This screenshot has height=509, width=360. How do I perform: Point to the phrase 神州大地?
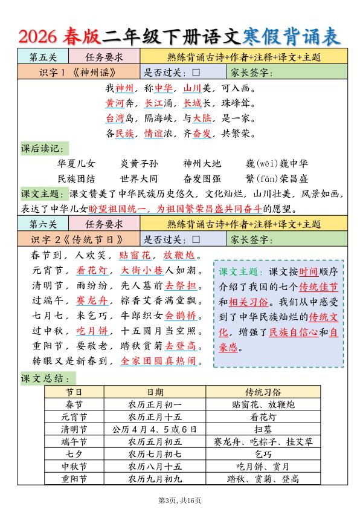pos(202,164)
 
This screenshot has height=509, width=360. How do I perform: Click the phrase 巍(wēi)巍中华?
pos(277,164)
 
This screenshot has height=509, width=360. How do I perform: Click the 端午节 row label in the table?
pos(74,442)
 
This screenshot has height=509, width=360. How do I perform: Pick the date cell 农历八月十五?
pos(155,467)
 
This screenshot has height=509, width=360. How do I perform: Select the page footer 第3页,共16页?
pos(179,501)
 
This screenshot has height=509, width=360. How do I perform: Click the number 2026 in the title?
pos(37,37)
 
